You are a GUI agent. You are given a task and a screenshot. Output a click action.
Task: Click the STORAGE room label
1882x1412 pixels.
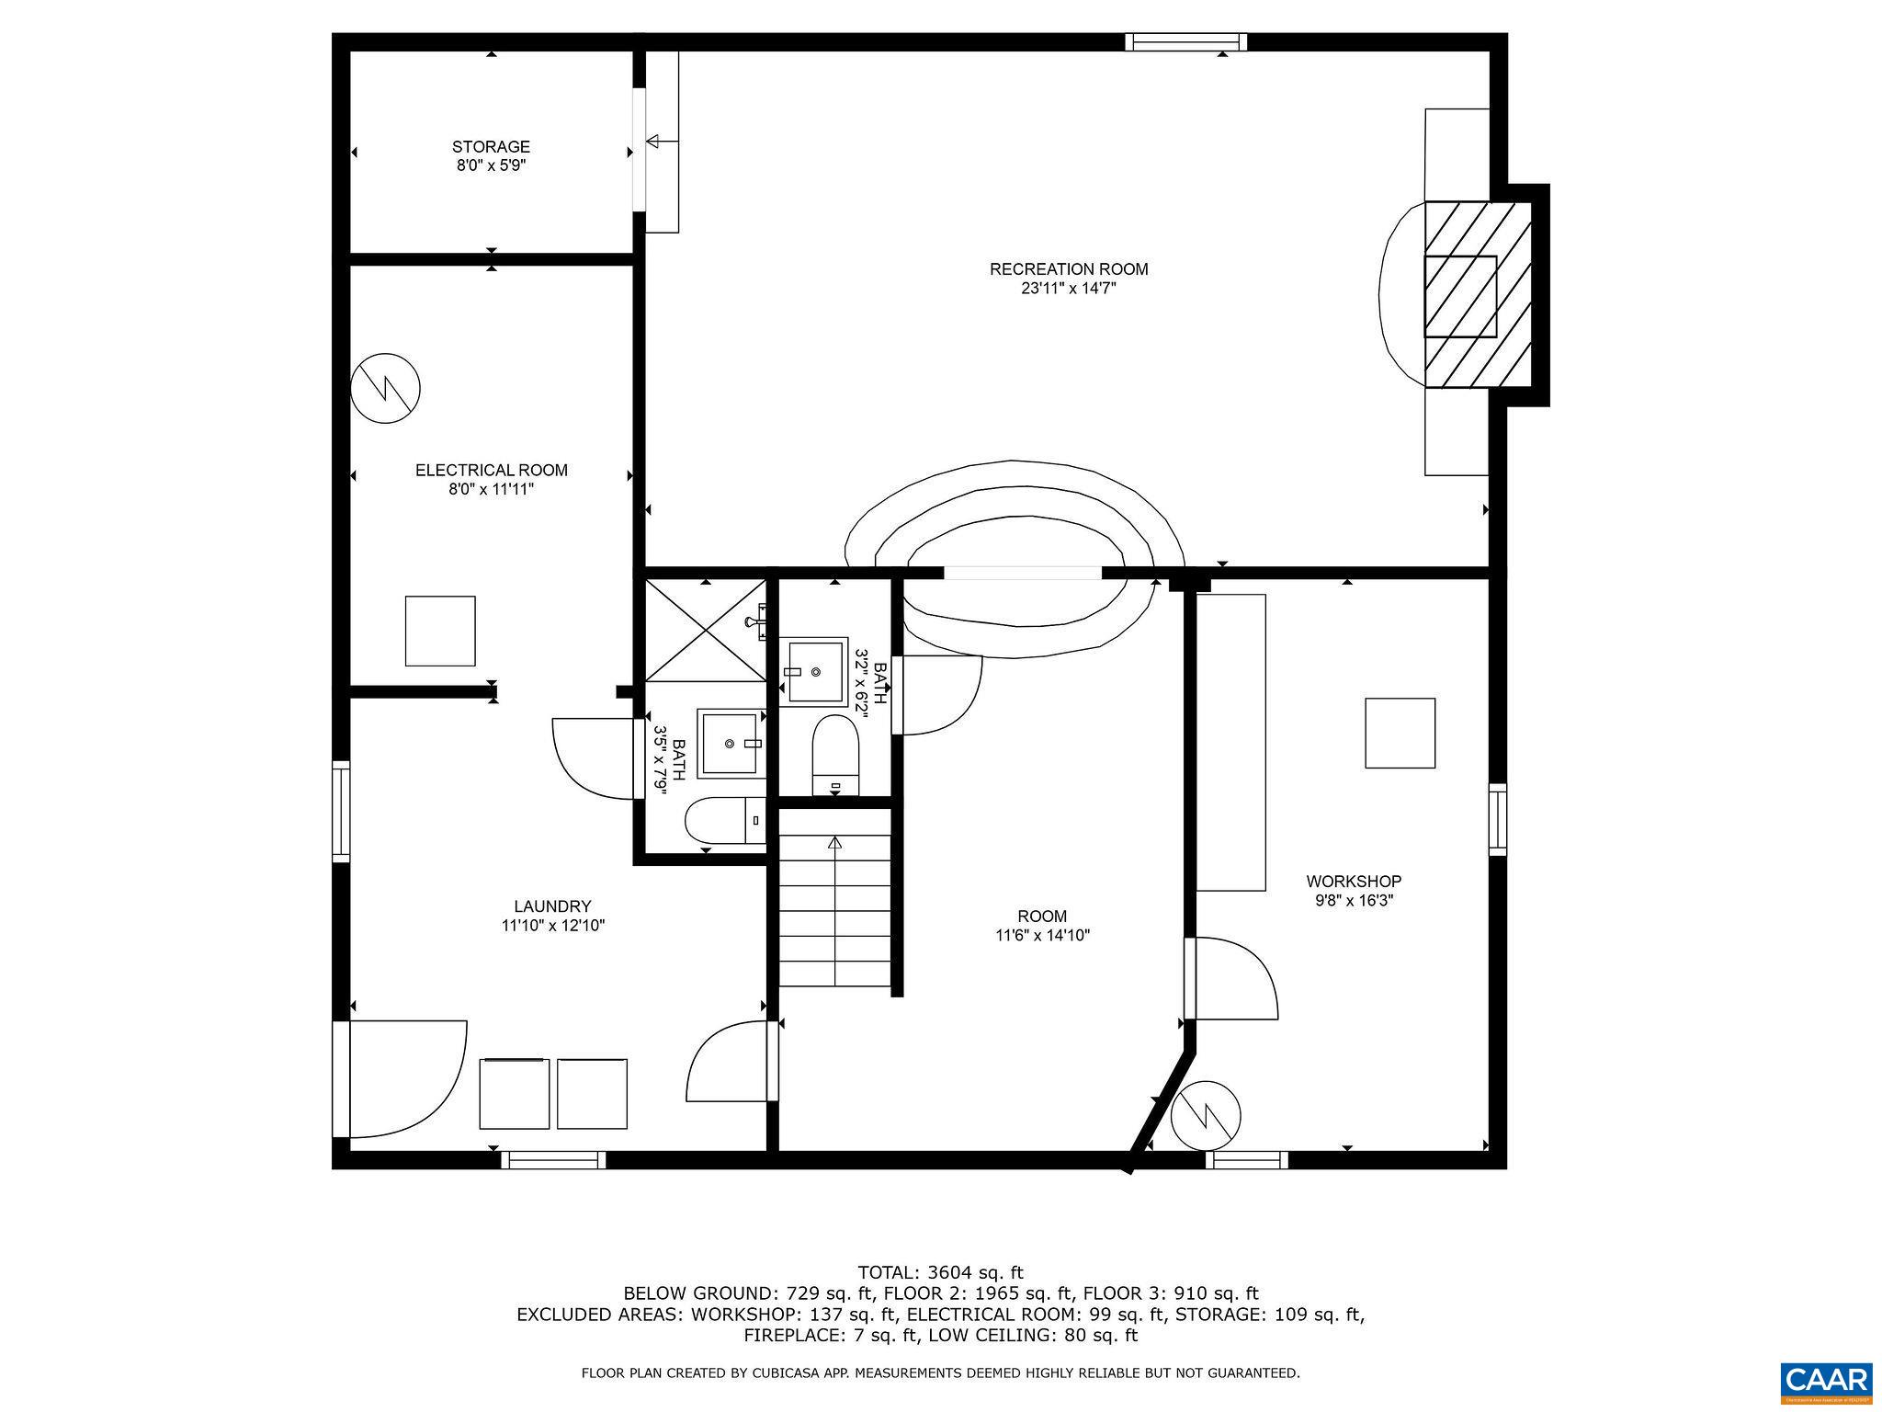tap(491, 147)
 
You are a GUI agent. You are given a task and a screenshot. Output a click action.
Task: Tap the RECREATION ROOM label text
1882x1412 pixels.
tap(1069, 269)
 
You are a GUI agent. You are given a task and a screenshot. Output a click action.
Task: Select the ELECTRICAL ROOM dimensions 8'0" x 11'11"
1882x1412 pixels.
tap(491, 490)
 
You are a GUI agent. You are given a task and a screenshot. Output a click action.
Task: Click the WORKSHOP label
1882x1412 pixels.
tap(1354, 882)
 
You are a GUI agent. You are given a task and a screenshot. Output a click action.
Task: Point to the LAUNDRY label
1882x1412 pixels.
tap(552, 906)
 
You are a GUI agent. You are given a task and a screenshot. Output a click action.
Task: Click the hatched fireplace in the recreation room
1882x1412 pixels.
tap(1478, 294)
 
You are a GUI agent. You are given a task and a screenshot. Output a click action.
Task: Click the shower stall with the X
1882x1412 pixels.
tap(706, 631)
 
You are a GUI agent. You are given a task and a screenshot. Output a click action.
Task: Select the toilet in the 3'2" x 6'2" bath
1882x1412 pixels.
tap(835, 755)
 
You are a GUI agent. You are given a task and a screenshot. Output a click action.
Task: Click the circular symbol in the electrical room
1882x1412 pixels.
tap(386, 388)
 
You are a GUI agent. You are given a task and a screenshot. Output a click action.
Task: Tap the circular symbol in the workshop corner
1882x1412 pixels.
tap(1206, 1115)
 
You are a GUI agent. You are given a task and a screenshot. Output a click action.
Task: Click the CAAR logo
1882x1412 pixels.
tap(1826, 1383)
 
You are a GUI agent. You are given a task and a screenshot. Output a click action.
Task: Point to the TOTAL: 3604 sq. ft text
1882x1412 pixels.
tap(940, 1273)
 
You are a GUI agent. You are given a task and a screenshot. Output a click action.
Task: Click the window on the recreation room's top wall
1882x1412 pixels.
tap(1186, 41)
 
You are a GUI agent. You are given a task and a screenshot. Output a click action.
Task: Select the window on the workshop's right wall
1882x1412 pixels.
tap(1498, 819)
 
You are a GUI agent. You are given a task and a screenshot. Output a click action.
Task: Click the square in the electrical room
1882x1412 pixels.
tap(440, 631)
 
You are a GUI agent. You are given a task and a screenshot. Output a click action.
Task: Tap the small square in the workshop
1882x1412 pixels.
tap(1400, 733)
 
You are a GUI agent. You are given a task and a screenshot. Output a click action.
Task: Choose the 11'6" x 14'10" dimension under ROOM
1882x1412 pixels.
tap(1042, 936)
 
